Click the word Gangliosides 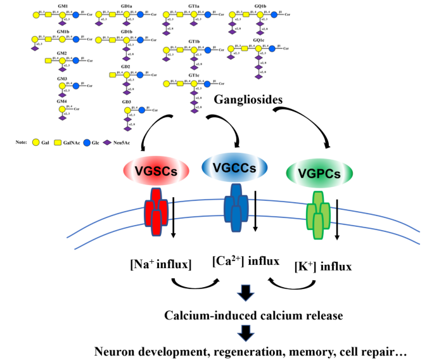(249, 100)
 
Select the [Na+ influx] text (161, 264)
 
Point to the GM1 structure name (62, 6)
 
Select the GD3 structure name (126, 101)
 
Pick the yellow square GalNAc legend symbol (62, 143)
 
